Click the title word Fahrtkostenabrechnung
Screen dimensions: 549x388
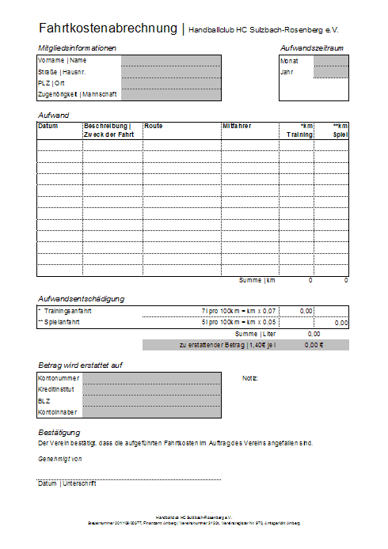108,28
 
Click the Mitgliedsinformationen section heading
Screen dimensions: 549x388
78,48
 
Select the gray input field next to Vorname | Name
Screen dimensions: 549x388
171,59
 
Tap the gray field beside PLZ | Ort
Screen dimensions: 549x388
171,82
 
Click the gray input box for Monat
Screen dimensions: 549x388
330,60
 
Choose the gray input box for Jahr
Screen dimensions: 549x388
330,72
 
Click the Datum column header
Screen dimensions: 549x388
48,126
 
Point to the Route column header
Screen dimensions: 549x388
154,126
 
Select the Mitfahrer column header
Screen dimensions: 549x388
238,126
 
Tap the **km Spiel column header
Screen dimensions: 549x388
340,130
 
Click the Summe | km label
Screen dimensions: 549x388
257,280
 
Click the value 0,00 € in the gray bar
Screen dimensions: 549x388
314,345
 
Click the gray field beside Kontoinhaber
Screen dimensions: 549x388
151,412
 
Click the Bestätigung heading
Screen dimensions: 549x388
59,432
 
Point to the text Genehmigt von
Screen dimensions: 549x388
60,458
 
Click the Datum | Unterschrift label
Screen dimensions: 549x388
67,483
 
